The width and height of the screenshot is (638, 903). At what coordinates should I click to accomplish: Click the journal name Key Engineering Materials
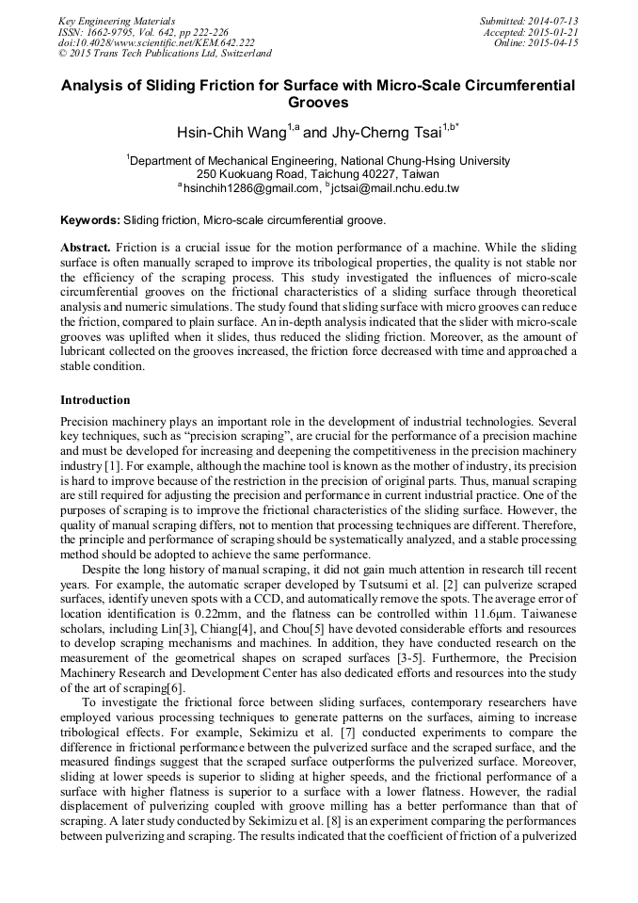click(x=117, y=21)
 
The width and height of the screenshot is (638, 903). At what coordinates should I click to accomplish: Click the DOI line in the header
click(x=156, y=43)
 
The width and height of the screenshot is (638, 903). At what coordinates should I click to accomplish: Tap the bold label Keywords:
click(x=89, y=220)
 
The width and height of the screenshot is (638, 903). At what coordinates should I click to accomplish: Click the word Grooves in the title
click(x=318, y=103)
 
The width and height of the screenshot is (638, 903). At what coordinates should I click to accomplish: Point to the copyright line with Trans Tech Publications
click(x=165, y=55)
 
